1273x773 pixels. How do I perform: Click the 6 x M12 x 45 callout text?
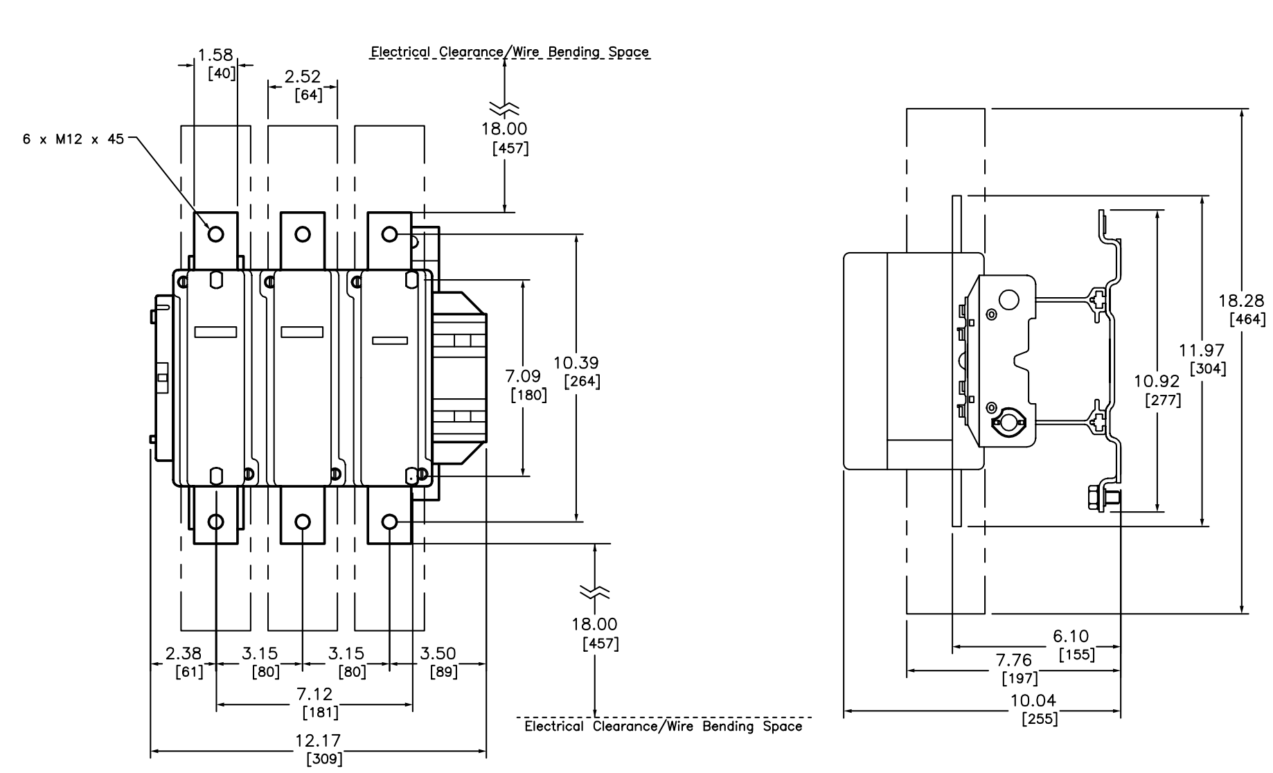pos(73,139)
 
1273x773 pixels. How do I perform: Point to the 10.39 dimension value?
pos(576,362)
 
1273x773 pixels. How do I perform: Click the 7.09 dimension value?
pos(523,376)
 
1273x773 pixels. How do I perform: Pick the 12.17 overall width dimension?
pos(318,741)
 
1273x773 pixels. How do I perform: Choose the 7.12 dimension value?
pos(314,694)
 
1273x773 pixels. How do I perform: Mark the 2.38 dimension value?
pos(183,653)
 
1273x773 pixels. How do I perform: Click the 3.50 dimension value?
pos(438,653)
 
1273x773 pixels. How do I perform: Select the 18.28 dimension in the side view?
pos(1241,301)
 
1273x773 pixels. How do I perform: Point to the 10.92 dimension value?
pos(1157,381)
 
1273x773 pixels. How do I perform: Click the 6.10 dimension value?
pos(1071,636)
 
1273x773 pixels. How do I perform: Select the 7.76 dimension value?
pos(1013,660)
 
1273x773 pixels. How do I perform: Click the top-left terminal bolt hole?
pos(216,234)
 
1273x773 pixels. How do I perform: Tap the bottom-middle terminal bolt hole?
pos(303,522)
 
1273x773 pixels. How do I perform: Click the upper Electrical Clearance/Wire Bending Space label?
pos(510,52)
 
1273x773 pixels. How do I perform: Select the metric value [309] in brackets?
pos(324,759)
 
